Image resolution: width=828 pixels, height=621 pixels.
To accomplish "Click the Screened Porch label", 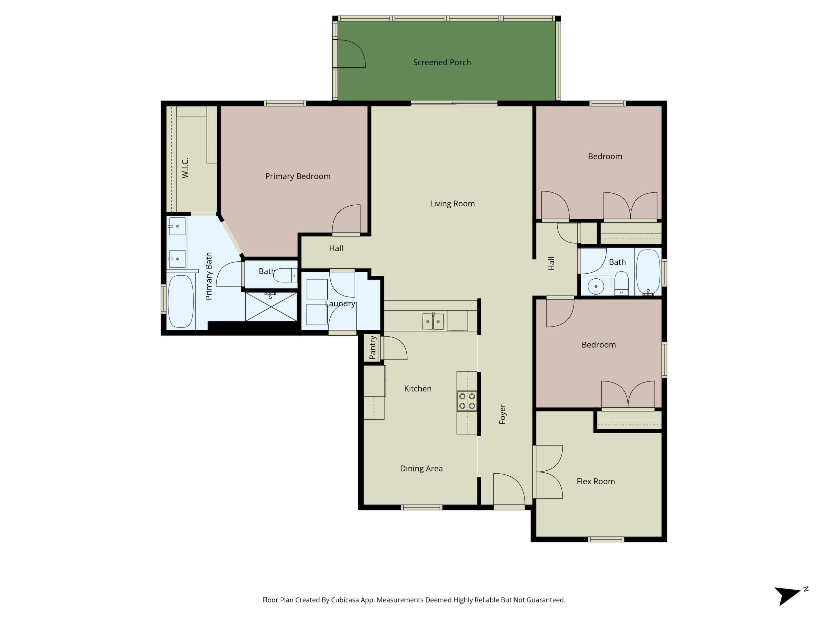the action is point(442,62).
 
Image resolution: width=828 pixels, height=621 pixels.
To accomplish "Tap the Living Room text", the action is point(452,204).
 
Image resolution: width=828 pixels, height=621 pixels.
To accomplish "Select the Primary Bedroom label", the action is point(298,176).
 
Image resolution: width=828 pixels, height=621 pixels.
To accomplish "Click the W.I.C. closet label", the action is point(185,168).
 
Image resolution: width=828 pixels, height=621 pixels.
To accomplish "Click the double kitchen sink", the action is point(433,321).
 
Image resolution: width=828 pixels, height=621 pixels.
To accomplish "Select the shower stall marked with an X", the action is point(271,307).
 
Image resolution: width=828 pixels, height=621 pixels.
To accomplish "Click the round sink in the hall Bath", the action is point(595,287).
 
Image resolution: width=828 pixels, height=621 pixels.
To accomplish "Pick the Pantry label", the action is point(373,347).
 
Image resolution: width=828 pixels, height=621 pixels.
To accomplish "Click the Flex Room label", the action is point(595,481).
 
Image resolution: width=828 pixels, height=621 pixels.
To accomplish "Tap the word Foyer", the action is point(502,414).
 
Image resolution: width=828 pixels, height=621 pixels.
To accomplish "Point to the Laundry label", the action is point(340,304).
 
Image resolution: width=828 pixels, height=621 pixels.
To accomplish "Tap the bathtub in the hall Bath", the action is point(648,272).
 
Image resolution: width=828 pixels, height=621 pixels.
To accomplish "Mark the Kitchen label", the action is point(418,388).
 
